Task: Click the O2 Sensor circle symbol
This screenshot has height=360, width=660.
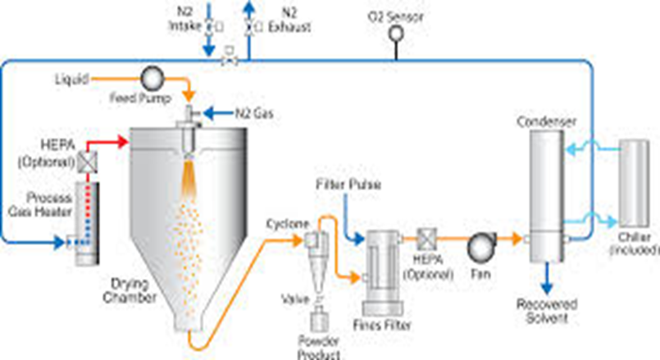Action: point(396,33)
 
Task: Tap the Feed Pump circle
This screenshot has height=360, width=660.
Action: point(152,79)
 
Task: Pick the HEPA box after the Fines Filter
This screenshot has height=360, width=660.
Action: point(426,239)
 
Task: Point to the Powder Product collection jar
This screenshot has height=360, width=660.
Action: point(316,321)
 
